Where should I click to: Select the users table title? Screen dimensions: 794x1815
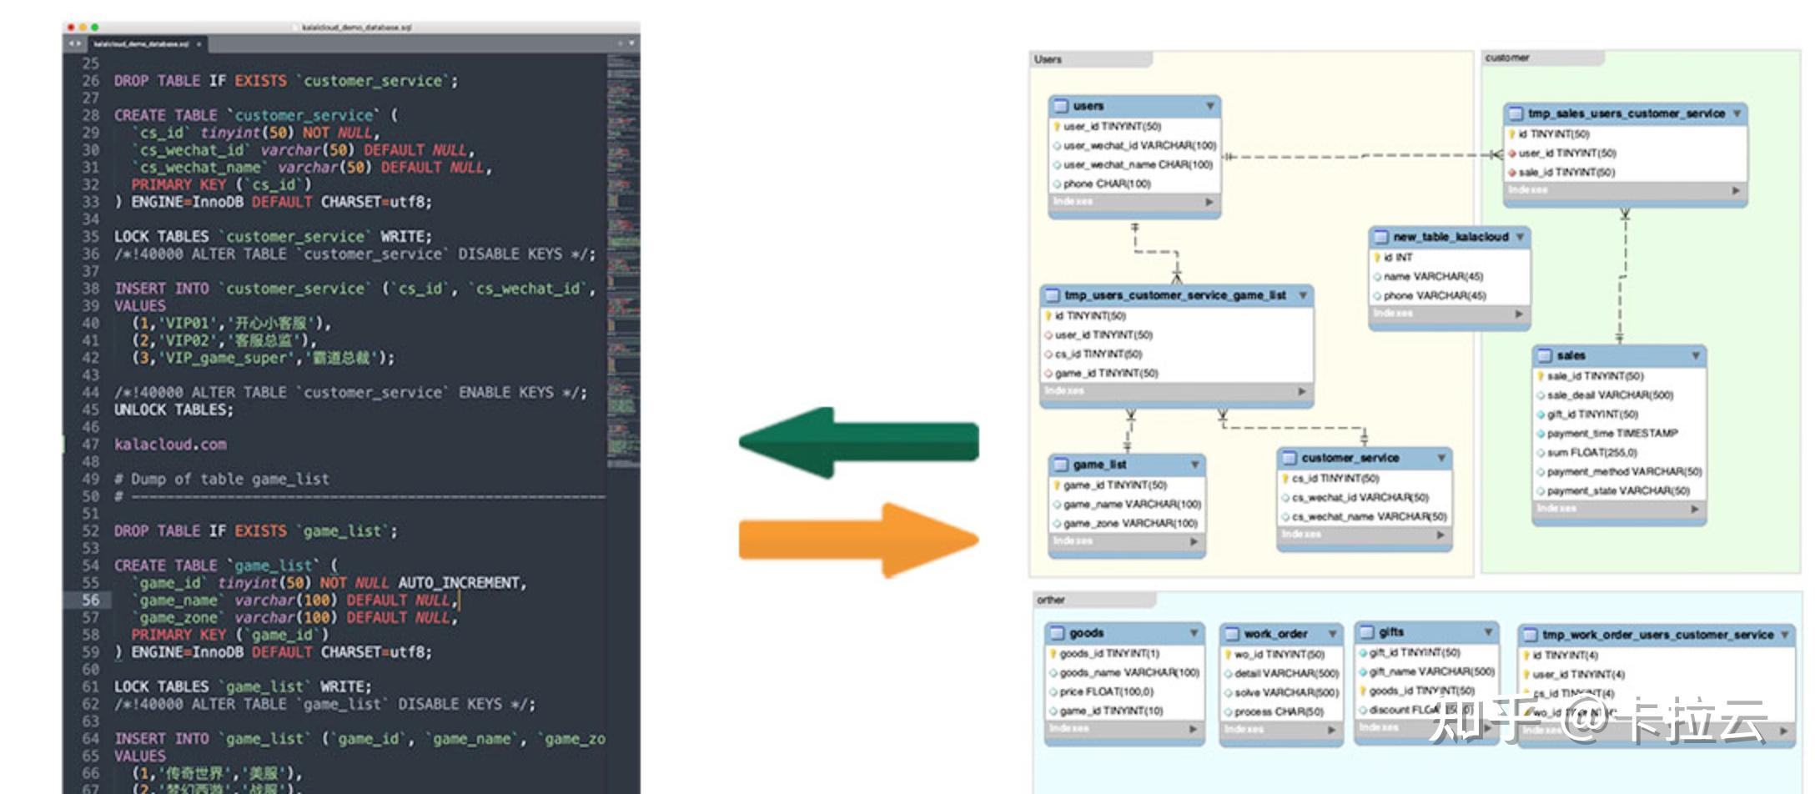point(1088,106)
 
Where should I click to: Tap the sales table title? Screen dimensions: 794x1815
point(1571,355)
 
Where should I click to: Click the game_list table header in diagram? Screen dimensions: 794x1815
point(1099,465)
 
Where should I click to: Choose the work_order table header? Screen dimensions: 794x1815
point(1275,634)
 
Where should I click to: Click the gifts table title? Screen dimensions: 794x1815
point(1391,632)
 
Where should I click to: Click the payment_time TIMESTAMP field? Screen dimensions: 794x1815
point(1611,434)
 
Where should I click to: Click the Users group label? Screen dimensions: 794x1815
point(1048,59)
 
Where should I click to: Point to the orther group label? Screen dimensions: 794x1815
point(1050,600)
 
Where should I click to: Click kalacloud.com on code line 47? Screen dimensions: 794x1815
point(170,445)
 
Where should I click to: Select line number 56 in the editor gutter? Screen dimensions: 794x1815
point(90,600)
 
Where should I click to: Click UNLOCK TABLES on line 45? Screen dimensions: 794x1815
point(173,410)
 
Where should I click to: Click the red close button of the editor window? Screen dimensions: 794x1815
point(71,28)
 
